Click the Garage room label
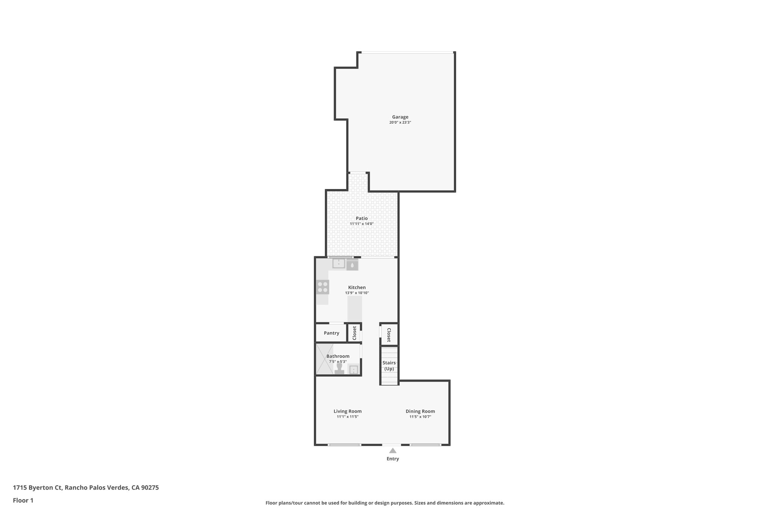coord(400,117)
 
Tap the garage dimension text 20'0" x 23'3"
coord(400,123)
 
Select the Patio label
coord(362,218)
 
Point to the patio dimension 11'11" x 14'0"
coord(362,224)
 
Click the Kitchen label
coord(357,288)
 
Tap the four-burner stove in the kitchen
coord(323,287)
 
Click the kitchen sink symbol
coord(339,263)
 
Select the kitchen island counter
coord(355,309)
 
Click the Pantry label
coord(331,333)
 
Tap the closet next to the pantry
coord(354,333)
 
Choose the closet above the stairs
coord(389,334)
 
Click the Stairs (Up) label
coord(389,366)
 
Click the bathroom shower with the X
coord(324,359)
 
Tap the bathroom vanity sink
coord(354,370)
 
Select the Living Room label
coord(347,411)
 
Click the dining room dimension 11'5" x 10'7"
coord(420,417)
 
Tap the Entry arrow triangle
coord(393,451)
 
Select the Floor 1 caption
coord(23,501)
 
